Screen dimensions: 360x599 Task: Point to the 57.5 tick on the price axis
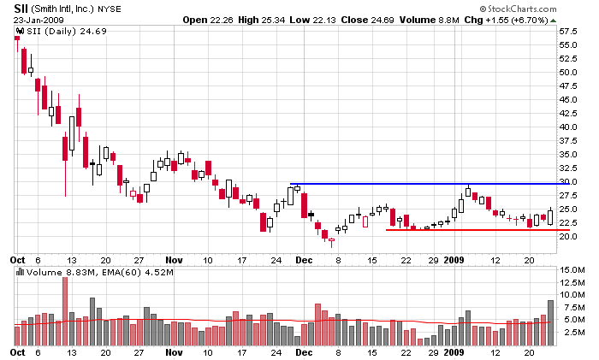[x=568, y=31]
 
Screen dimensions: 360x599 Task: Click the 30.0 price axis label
[x=568, y=181]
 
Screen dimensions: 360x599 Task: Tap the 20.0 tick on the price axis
[x=568, y=236]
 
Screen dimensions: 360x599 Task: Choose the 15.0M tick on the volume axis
[x=571, y=270]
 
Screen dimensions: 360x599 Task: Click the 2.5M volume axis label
[x=571, y=331]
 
